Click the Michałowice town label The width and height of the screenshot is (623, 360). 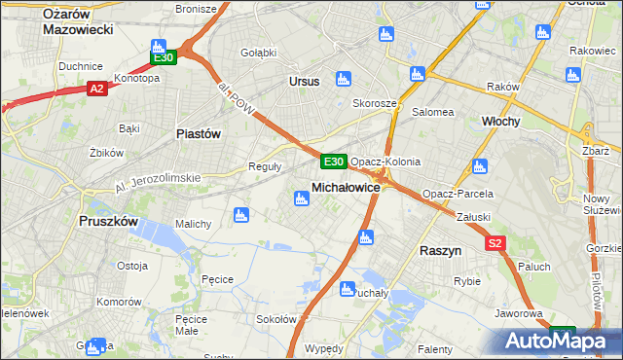pyautogui.click(x=345, y=186)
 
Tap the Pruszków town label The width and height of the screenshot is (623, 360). pyautogui.click(x=108, y=221)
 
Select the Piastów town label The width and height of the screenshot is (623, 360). pyautogui.click(x=199, y=133)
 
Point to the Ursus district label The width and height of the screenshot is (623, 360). pyautogui.click(x=304, y=81)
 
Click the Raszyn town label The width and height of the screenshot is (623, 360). pyautogui.click(x=440, y=250)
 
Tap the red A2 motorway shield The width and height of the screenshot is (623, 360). pyautogui.click(x=96, y=89)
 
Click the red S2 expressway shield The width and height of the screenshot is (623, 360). pyautogui.click(x=495, y=243)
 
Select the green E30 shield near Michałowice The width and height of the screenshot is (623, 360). pyautogui.click(x=333, y=161)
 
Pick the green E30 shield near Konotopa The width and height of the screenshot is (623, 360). pyautogui.click(x=164, y=57)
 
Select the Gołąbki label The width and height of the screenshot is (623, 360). pyautogui.click(x=259, y=52)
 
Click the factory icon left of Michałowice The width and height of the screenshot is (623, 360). pyautogui.click(x=301, y=198)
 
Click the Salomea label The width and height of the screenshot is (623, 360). pyautogui.click(x=433, y=112)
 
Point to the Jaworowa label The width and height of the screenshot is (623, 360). pyautogui.click(x=518, y=313)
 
